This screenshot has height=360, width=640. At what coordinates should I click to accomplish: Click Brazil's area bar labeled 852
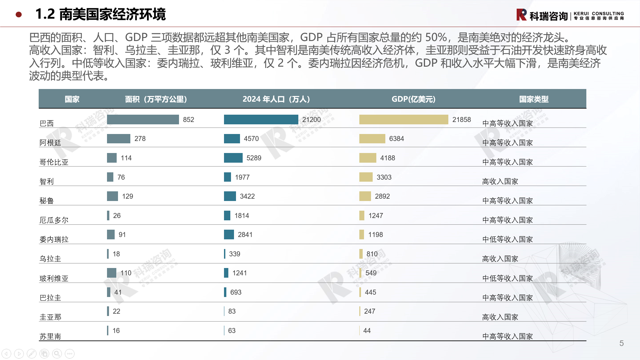click(143, 119)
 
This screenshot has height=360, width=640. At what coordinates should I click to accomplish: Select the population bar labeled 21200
click(261, 119)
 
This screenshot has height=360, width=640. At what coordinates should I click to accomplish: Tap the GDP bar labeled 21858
click(403, 119)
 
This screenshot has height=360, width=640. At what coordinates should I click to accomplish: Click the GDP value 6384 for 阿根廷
click(396, 139)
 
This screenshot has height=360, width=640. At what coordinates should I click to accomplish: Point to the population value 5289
click(254, 158)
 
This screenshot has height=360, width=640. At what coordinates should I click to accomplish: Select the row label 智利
click(47, 182)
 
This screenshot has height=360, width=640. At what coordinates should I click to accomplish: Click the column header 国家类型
click(534, 99)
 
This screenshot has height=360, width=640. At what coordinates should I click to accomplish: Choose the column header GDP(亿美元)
click(413, 99)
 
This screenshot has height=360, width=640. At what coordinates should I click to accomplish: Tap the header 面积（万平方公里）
click(156, 99)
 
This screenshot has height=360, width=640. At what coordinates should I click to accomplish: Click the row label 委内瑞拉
click(54, 240)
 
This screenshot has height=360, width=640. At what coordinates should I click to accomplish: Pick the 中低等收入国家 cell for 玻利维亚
click(507, 278)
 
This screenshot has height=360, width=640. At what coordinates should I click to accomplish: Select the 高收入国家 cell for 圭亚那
click(500, 317)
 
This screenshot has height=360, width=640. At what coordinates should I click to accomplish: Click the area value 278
click(140, 139)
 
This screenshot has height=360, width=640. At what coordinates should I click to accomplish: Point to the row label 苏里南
click(50, 336)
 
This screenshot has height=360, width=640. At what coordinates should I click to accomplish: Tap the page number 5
click(621, 343)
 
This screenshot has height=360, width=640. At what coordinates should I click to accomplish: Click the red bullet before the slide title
click(19, 14)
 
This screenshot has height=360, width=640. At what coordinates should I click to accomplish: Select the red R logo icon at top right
click(521, 15)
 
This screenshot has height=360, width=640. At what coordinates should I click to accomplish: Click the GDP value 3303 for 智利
click(384, 177)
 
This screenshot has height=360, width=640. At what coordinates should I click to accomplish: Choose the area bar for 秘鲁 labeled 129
click(112, 196)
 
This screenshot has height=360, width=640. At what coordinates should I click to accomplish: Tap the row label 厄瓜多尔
click(54, 220)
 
